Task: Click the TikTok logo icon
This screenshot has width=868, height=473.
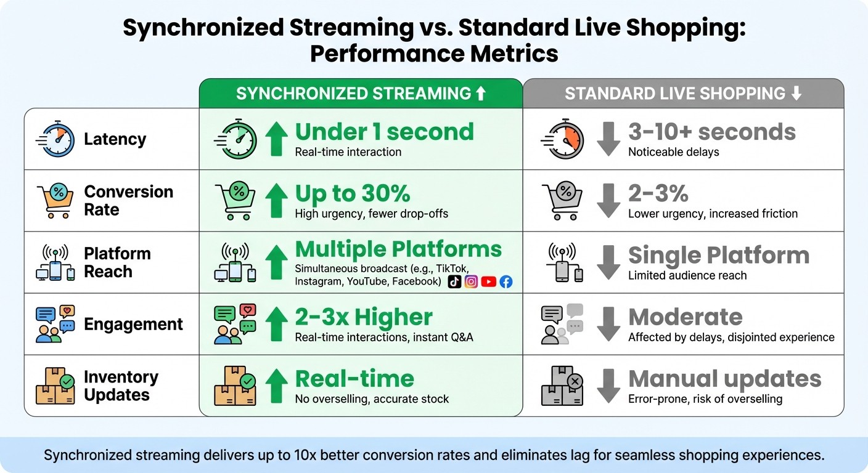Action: tap(454, 281)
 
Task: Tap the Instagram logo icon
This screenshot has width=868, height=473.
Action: tap(472, 281)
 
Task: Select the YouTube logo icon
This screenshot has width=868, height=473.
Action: tap(489, 281)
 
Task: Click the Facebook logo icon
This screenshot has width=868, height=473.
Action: tap(506, 281)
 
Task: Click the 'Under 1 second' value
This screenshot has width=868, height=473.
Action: tap(384, 132)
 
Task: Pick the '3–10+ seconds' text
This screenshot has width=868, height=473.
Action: tap(711, 132)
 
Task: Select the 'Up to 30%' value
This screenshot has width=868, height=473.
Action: tap(353, 193)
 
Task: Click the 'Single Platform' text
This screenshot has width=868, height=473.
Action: tap(718, 255)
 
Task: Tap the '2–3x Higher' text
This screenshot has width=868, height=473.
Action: tap(364, 317)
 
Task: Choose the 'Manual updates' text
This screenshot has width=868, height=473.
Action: tap(724, 378)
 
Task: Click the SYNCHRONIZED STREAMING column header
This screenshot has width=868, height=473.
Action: tap(361, 94)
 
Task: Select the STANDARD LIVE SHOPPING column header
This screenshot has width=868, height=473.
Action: tap(683, 94)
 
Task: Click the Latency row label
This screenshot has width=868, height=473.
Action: tap(115, 139)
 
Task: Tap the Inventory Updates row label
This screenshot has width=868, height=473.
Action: tap(121, 386)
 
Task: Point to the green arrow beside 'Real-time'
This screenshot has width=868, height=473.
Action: tap(276, 386)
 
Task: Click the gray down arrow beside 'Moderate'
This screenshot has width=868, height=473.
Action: tap(608, 324)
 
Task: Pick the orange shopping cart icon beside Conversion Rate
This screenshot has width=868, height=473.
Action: tap(55, 201)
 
